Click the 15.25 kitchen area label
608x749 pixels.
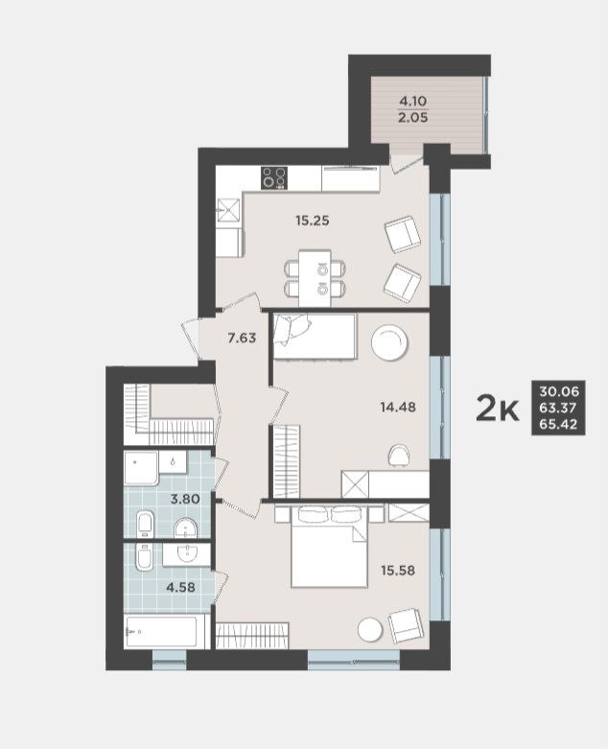pyautogui.click(x=313, y=221)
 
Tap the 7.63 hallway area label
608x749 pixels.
pyautogui.click(x=242, y=339)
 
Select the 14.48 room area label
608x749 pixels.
pyautogui.click(x=398, y=407)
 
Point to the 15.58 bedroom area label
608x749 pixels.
pyautogui.click(x=398, y=570)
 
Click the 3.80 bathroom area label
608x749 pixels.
pyautogui.click(x=185, y=500)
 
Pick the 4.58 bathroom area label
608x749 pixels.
pyautogui.click(x=180, y=587)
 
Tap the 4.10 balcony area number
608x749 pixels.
pyautogui.click(x=413, y=102)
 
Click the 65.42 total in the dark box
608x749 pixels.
pyautogui.click(x=559, y=424)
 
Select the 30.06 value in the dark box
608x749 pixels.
pyautogui.click(x=559, y=391)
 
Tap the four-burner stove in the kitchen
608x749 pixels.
pyautogui.click(x=274, y=177)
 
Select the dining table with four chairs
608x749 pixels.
pyautogui.click(x=316, y=278)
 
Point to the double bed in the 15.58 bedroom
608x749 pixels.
pyautogui.click(x=330, y=547)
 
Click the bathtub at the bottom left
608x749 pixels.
pyautogui.click(x=160, y=631)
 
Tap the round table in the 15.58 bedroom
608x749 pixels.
pyautogui.click(x=370, y=629)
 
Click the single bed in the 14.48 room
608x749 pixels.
pyautogui.click(x=316, y=336)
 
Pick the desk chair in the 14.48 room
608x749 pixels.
pyautogui.click(x=399, y=455)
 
